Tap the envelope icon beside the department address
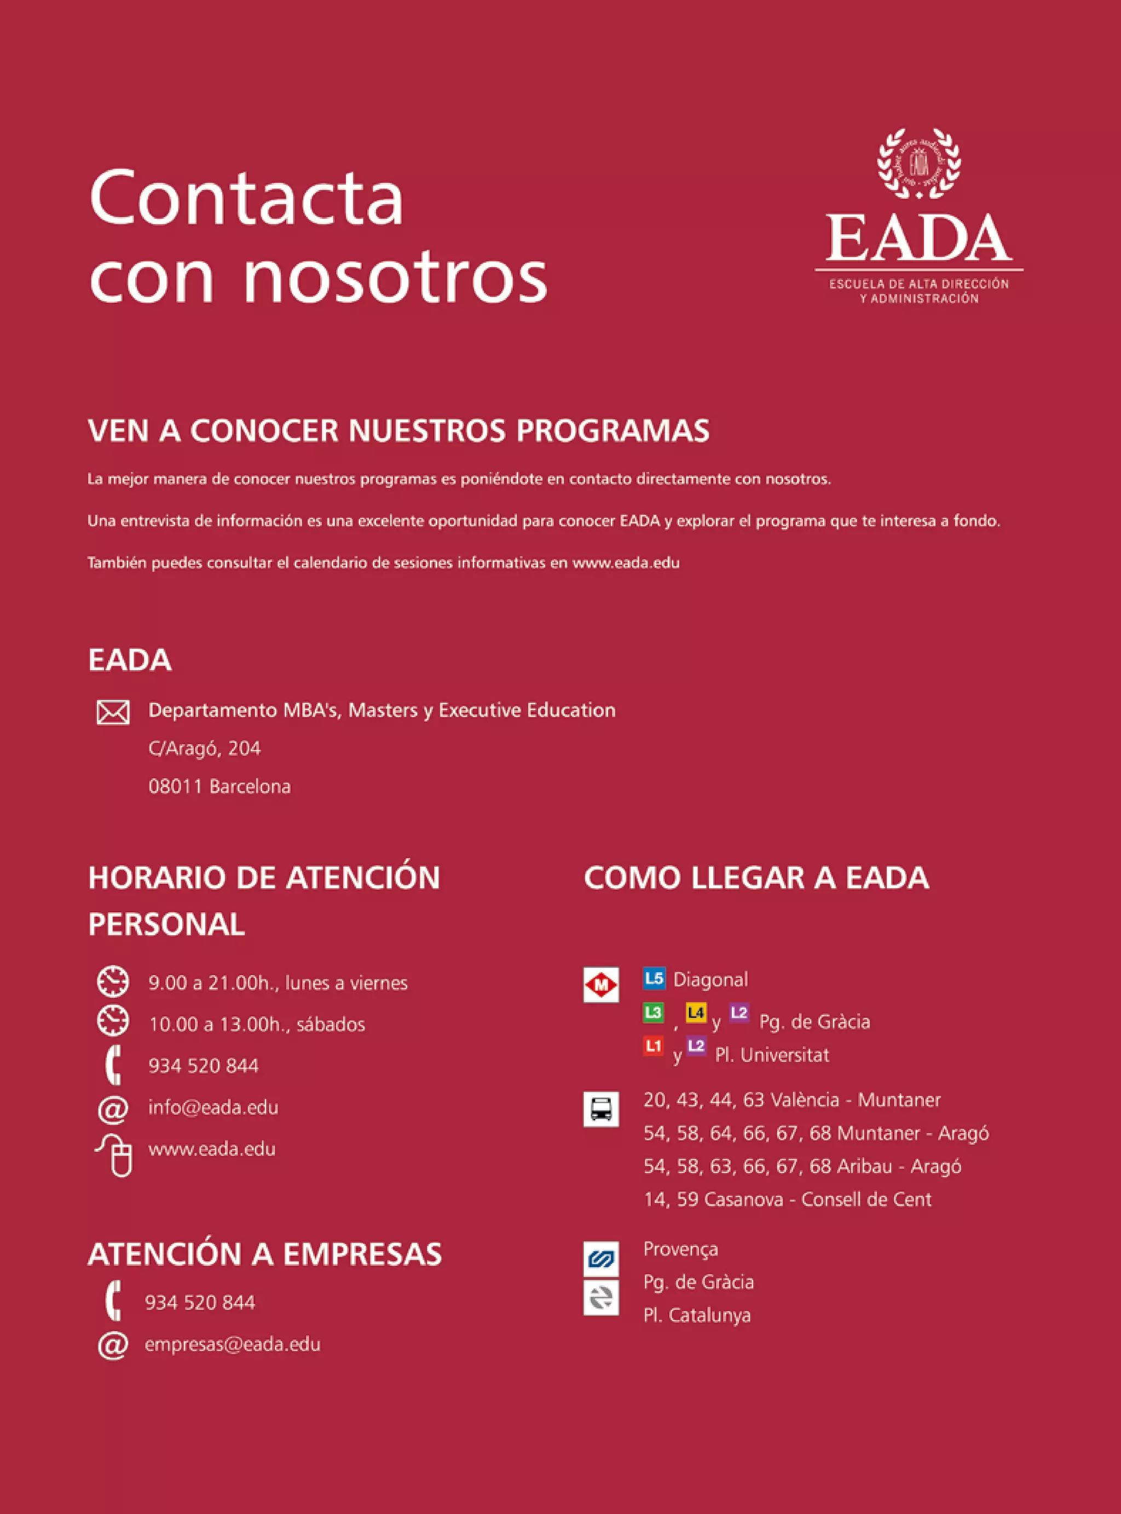(x=113, y=712)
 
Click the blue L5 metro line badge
(x=654, y=978)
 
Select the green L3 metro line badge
(x=653, y=1013)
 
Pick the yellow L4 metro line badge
(x=696, y=1013)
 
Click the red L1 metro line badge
(x=653, y=1046)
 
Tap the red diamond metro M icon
(x=601, y=985)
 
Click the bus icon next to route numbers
(x=601, y=1109)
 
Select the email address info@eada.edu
(x=213, y=1108)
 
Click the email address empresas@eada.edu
(x=232, y=1344)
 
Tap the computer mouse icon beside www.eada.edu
(x=117, y=1154)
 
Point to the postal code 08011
(x=175, y=786)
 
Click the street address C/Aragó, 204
(x=204, y=749)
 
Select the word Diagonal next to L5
(x=710, y=979)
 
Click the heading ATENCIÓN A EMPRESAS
(x=264, y=1254)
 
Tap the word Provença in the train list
(x=680, y=1250)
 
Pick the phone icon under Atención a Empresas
(x=113, y=1302)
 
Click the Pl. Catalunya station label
(x=697, y=1315)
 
